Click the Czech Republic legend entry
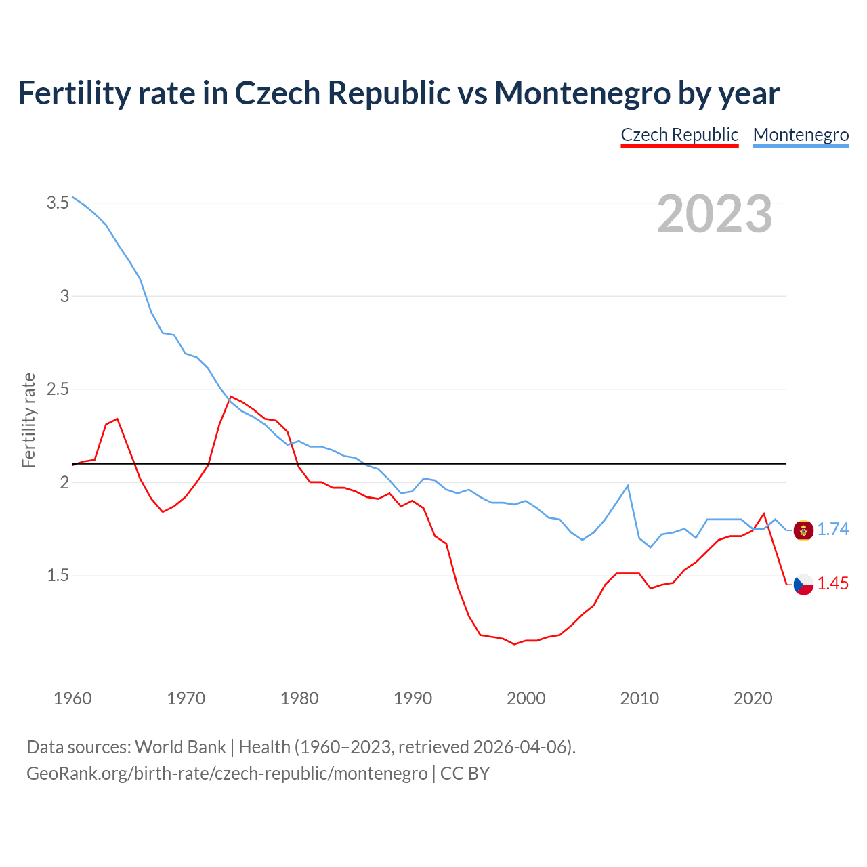[679, 135]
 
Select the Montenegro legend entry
[801, 135]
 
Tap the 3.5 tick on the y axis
[58, 203]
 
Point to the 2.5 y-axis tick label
[58, 389]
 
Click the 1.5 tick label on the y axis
[58, 576]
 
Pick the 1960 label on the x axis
[72, 698]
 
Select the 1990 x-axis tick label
[413, 698]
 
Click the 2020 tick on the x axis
[753, 698]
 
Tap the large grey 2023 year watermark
[714, 214]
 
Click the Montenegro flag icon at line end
[803, 530]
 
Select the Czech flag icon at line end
[803, 584]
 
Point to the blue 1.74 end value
[832, 530]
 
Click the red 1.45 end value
[832, 583]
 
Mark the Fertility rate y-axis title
[28, 420]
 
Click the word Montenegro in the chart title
[582, 93]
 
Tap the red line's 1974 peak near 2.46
[231, 396]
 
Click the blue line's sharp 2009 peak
[628, 486]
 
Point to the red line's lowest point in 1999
[515, 644]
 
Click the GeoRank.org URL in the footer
[227, 774]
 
